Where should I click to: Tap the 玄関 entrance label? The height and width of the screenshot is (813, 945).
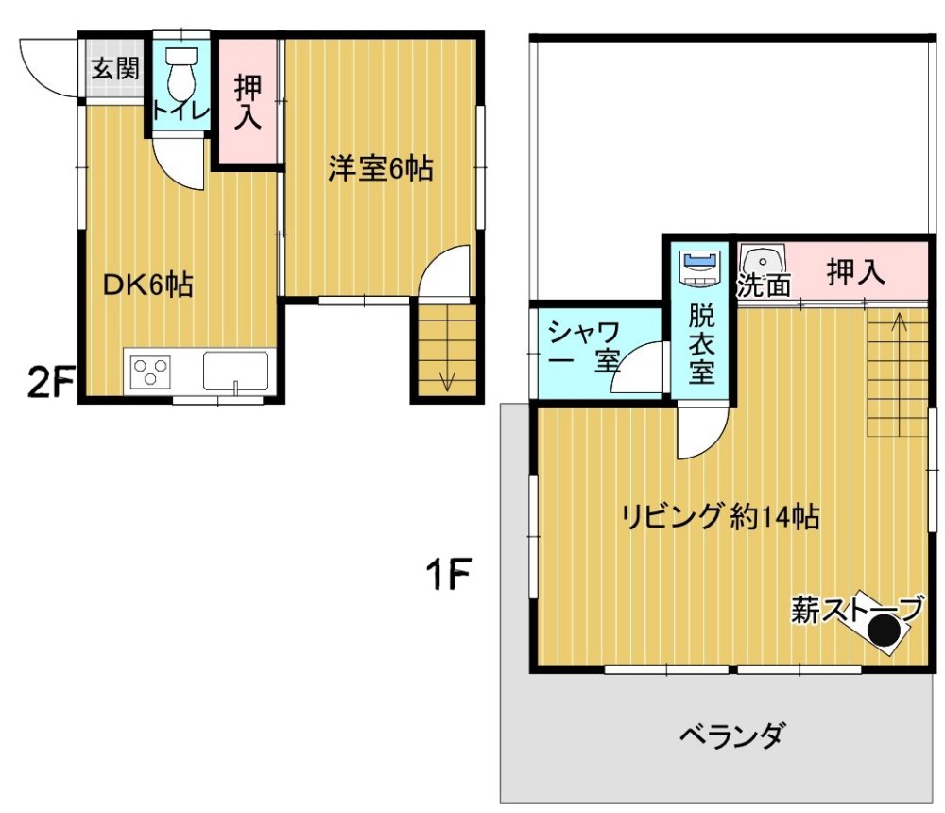115,68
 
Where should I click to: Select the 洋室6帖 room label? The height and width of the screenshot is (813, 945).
380,168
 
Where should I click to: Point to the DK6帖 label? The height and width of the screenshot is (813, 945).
147,284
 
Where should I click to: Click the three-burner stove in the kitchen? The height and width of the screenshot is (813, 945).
150,372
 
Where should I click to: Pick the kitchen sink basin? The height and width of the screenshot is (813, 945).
235,371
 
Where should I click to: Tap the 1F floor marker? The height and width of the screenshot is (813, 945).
448,574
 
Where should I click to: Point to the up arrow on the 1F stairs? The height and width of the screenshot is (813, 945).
899,374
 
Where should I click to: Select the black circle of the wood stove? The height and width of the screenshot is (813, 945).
883,632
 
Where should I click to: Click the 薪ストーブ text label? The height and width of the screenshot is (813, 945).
856,609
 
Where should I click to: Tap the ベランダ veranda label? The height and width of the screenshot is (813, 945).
733,735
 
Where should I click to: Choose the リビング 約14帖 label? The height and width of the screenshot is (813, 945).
720,517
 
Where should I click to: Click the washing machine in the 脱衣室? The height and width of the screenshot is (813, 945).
699,268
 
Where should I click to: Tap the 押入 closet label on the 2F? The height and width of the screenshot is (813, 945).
249,101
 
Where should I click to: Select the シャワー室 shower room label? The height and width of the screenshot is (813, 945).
583,346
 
